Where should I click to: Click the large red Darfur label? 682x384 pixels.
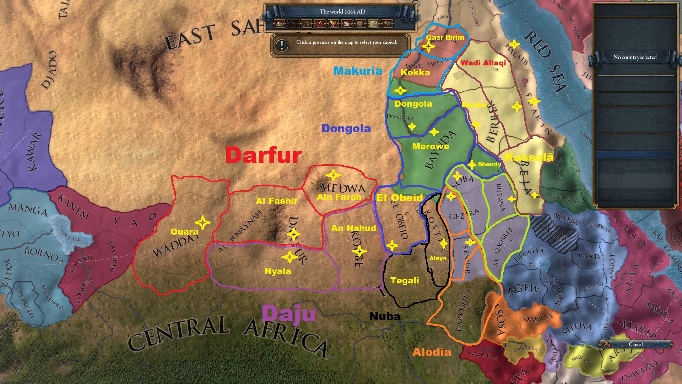(264, 155)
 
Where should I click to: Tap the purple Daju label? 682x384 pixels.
(288, 314)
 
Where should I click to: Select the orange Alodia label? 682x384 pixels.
(432, 352)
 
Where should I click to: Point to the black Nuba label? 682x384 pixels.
(385, 316)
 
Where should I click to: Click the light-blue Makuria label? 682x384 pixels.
(358, 71)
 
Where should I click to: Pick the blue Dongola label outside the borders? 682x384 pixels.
(346, 128)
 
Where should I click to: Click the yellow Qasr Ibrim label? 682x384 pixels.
(445, 37)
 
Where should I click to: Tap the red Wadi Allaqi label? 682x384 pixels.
(483, 63)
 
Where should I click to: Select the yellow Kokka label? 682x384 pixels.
(415, 73)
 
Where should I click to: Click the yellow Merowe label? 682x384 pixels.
(431, 146)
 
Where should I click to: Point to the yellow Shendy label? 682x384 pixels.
(489, 164)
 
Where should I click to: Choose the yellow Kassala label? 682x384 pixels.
(529, 157)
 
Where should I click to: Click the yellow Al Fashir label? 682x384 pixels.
(276, 201)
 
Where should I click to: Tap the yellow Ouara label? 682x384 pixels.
(184, 232)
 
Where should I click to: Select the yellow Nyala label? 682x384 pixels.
(278, 271)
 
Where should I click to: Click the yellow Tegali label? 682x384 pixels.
(405, 281)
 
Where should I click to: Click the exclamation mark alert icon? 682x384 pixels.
(282, 45)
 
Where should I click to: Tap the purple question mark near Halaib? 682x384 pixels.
(525, 82)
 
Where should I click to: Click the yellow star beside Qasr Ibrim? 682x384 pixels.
(428, 46)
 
